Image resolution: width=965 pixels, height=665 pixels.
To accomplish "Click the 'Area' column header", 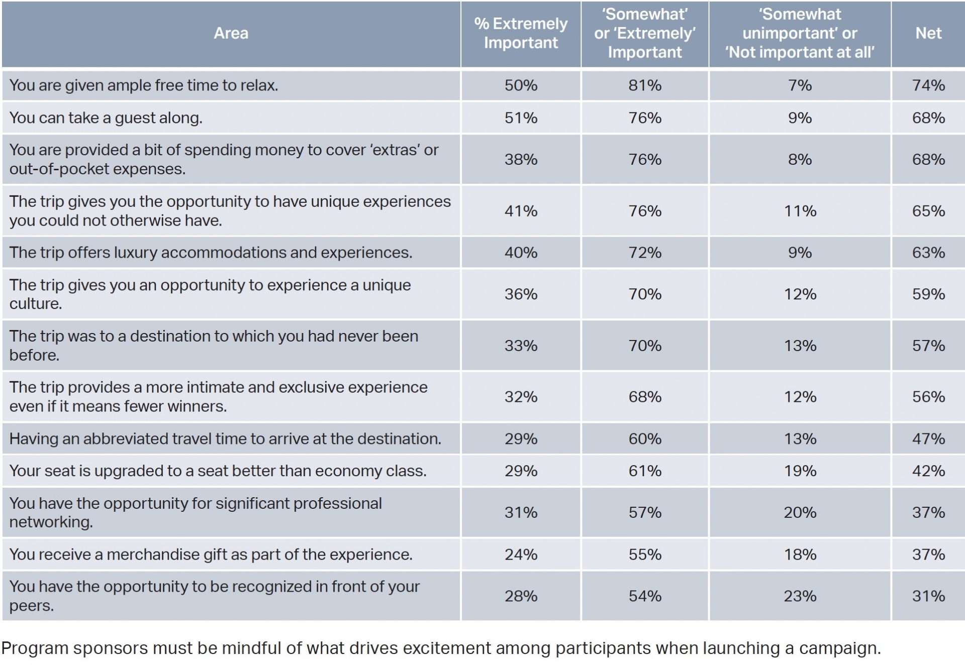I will pos(231,34).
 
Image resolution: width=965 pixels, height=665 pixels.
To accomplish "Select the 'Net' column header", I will pos(928,34).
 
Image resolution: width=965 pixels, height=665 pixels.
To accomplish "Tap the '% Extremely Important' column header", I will pos(521,34).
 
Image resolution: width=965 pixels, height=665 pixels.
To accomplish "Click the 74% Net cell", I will pos(928,85).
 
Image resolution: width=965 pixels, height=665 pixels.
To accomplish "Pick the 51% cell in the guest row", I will pos(521,118).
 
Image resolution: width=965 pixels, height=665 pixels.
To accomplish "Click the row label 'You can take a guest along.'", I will pos(106,118).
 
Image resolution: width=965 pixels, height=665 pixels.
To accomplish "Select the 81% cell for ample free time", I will pos(644,85).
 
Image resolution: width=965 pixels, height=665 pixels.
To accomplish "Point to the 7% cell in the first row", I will pos(800,85).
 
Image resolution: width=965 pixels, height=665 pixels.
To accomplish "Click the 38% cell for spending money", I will pos(521,160).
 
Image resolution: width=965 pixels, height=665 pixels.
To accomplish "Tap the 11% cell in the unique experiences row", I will pos(800,211).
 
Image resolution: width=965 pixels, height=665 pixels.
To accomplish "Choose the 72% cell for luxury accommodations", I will pos(644,253).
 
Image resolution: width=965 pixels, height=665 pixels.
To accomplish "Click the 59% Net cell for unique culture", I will pos(928,294).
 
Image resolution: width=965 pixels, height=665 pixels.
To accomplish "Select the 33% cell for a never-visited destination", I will pos(521,346).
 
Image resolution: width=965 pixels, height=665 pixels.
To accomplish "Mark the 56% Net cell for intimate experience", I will pos(928,397).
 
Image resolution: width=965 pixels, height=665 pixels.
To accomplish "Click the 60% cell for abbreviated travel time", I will pos(644,439).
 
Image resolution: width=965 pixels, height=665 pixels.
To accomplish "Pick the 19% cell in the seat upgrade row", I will pos(800,471).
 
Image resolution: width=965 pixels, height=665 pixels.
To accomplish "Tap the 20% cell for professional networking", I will pos(800,513).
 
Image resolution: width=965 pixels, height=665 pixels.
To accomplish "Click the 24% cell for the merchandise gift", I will pos(521,555).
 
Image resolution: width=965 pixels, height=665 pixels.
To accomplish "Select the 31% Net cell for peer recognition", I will pos(928,596).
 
